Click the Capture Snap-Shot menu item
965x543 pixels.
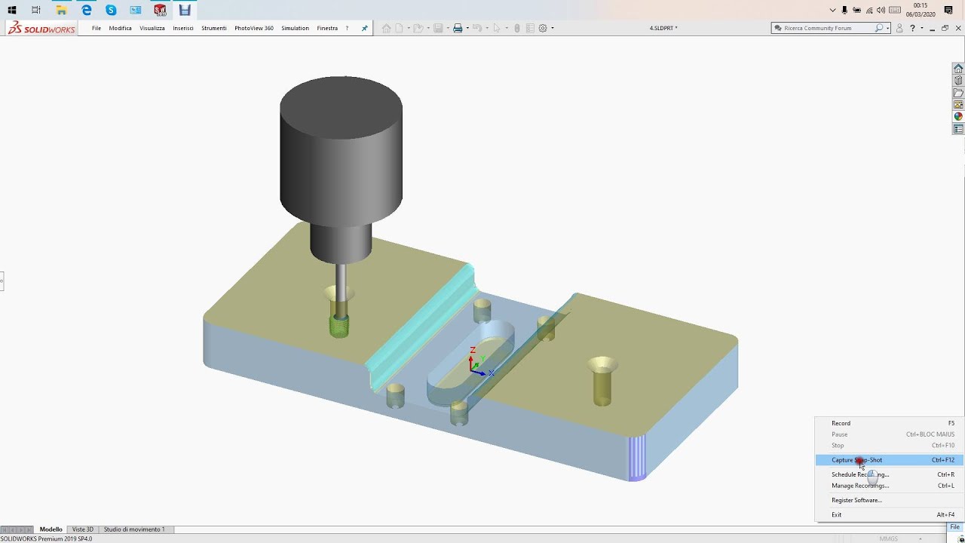[856, 460]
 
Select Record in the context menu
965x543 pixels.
[841, 423]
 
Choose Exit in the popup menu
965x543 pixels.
[836, 514]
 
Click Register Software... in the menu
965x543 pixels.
[856, 500]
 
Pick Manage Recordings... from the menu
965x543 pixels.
[859, 486]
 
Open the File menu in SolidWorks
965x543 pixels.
[96, 28]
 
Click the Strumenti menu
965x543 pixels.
[213, 28]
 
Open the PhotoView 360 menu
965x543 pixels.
[253, 28]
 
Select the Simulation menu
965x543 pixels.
[295, 28]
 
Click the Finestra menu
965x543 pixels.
[327, 28]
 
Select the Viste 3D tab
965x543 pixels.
[83, 529]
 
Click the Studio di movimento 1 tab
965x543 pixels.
[134, 529]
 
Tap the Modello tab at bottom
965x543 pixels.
[51, 529]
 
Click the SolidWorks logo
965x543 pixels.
[41, 28]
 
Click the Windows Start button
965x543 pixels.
[12, 10]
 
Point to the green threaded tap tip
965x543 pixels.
[339, 326]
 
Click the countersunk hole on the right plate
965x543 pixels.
[602, 367]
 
